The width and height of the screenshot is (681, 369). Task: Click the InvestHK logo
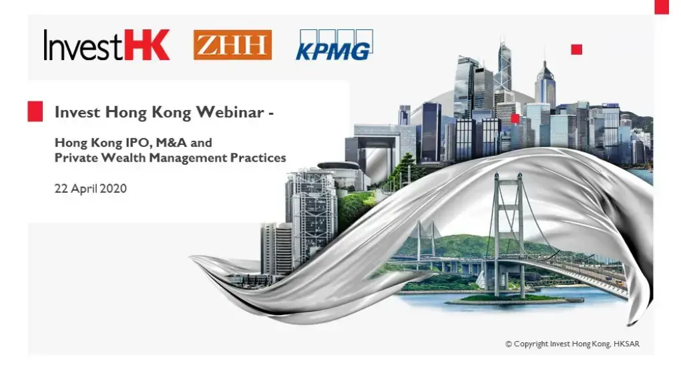[x=107, y=45]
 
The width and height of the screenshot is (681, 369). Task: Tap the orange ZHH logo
[x=232, y=45]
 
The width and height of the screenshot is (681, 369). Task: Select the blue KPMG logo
[x=334, y=45]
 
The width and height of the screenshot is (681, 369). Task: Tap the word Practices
[x=257, y=158]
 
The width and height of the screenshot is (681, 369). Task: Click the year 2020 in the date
[x=113, y=188]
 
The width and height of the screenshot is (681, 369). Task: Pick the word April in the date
[x=82, y=188]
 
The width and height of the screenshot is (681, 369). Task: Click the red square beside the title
[x=35, y=111]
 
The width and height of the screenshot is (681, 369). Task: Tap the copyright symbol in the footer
[x=509, y=344]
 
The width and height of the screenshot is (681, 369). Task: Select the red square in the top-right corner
[x=661, y=7]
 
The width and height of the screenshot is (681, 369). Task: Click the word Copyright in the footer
[x=531, y=344]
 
